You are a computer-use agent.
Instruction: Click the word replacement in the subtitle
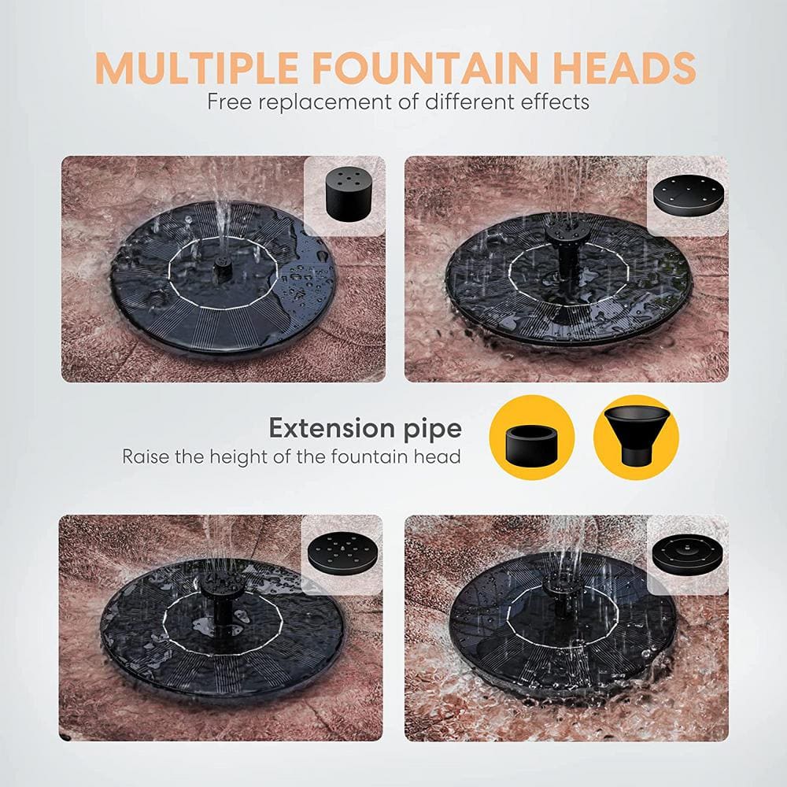(323, 102)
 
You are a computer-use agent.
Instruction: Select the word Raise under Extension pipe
(145, 456)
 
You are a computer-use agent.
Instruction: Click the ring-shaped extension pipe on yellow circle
(531, 438)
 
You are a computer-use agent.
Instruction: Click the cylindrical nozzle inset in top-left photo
(344, 196)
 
